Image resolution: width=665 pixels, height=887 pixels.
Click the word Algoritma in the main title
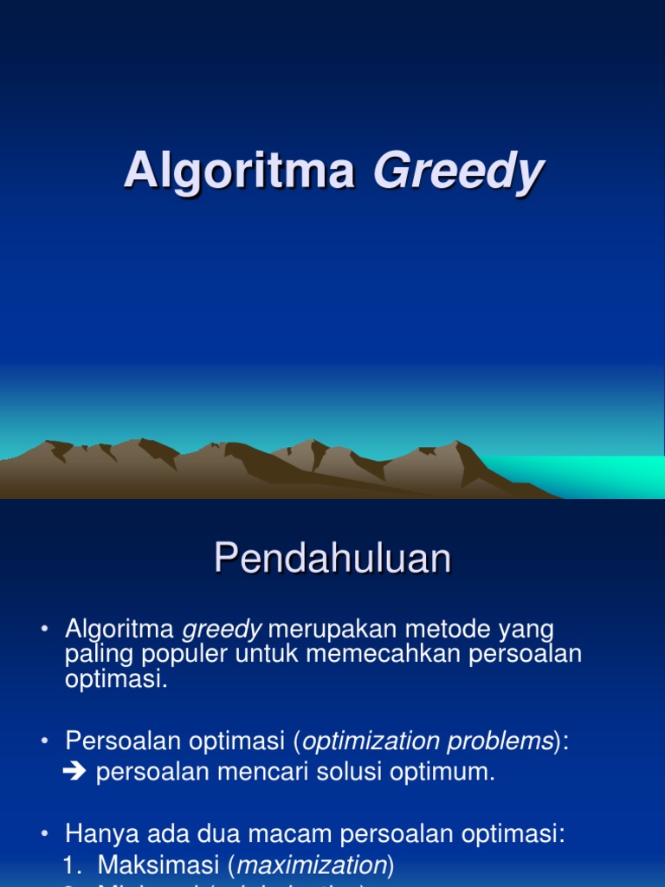[239, 170]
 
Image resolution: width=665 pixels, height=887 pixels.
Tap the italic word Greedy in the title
[457, 172]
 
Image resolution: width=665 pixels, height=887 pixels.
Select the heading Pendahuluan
[332, 559]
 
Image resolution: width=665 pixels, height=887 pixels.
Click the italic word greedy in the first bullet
[221, 629]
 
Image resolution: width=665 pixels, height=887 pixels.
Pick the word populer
[178, 654]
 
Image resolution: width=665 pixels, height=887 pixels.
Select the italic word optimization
[371, 741]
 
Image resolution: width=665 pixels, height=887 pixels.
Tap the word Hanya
[97, 834]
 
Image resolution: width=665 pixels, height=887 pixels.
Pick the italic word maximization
[312, 864]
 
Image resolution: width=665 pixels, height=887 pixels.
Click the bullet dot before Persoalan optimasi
[45, 741]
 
